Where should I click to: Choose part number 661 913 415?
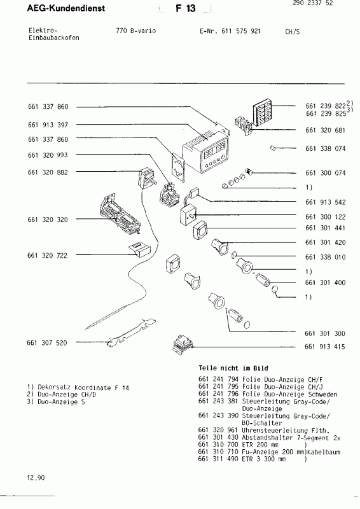[x=325, y=347]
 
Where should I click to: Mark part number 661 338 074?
[x=325, y=148]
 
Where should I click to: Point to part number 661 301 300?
[x=325, y=333]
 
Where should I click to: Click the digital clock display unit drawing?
[x=209, y=153]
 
